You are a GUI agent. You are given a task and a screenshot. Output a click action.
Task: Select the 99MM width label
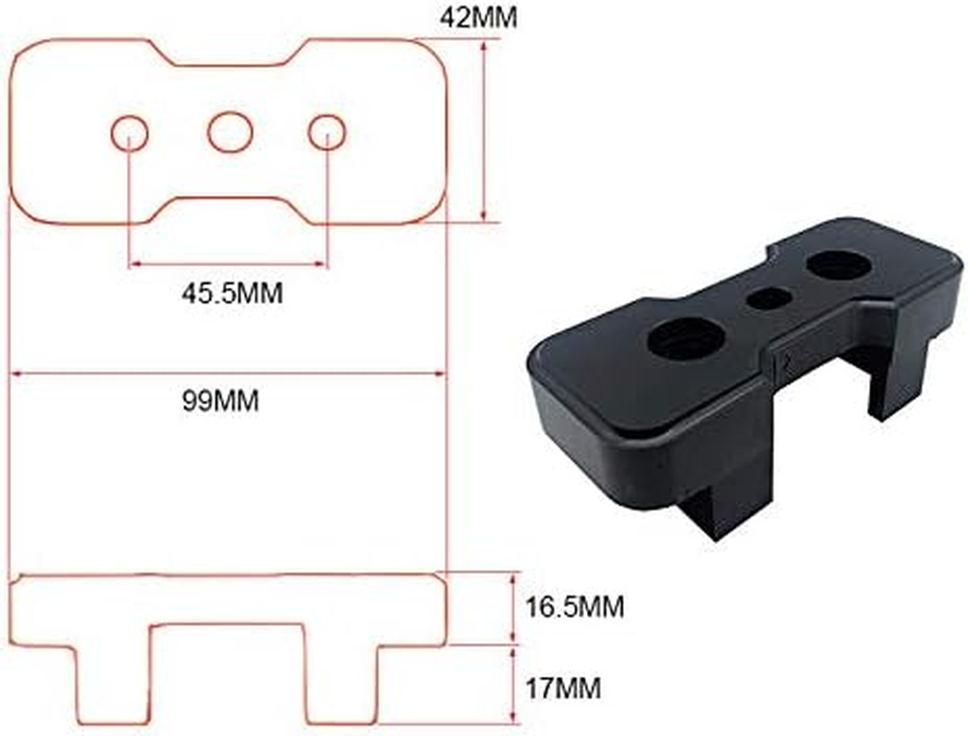(221, 401)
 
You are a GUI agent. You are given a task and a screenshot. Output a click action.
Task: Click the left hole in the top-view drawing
(130, 133)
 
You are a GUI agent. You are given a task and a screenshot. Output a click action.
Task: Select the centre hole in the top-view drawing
(230, 132)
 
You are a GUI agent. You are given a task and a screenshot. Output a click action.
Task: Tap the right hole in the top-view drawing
(327, 133)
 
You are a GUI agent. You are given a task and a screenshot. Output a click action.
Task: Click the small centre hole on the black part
(769, 298)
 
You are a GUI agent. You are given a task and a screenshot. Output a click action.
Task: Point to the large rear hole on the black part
(838, 265)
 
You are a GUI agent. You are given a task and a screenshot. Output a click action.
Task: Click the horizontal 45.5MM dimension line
(228, 264)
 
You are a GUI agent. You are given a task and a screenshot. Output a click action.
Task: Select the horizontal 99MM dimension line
(227, 374)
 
